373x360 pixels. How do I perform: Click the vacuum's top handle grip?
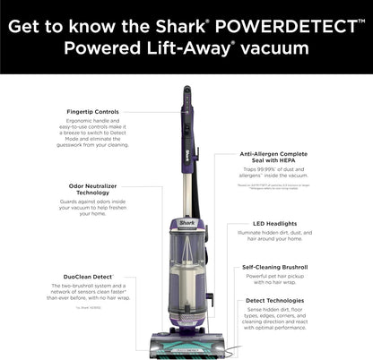click(186, 95)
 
